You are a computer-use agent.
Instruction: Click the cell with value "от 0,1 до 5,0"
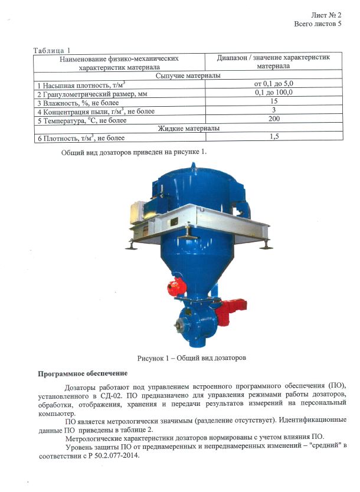pos(273,85)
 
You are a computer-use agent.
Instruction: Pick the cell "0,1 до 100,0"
pos(273,93)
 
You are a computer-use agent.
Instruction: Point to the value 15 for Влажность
pos(273,101)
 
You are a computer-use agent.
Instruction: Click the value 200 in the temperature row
pos(273,119)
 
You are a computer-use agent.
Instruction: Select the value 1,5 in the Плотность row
pos(273,137)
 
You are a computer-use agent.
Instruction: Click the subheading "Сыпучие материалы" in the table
pos(188,76)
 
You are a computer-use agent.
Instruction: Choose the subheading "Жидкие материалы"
pos(188,128)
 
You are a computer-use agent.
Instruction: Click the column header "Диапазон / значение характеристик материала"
pos(273,62)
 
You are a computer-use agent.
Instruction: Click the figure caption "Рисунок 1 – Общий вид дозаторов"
pos(191,358)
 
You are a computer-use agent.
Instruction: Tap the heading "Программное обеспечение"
pos(82,374)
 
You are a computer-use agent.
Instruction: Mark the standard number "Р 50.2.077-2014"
pos(110,455)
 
